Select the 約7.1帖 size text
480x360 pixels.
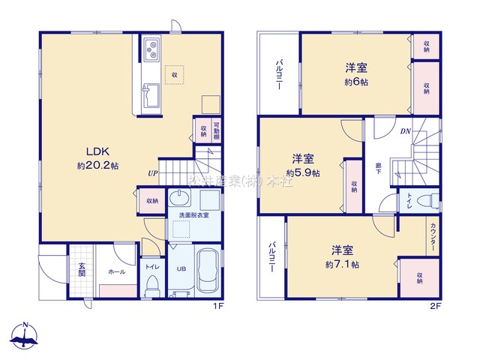click(x=342, y=265)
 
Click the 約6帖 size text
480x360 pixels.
click(x=356, y=81)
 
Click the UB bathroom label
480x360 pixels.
click(x=180, y=268)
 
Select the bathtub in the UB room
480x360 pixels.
click(x=207, y=269)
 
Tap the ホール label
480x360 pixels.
click(x=116, y=272)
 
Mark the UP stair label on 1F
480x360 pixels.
click(x=152, y=175)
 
